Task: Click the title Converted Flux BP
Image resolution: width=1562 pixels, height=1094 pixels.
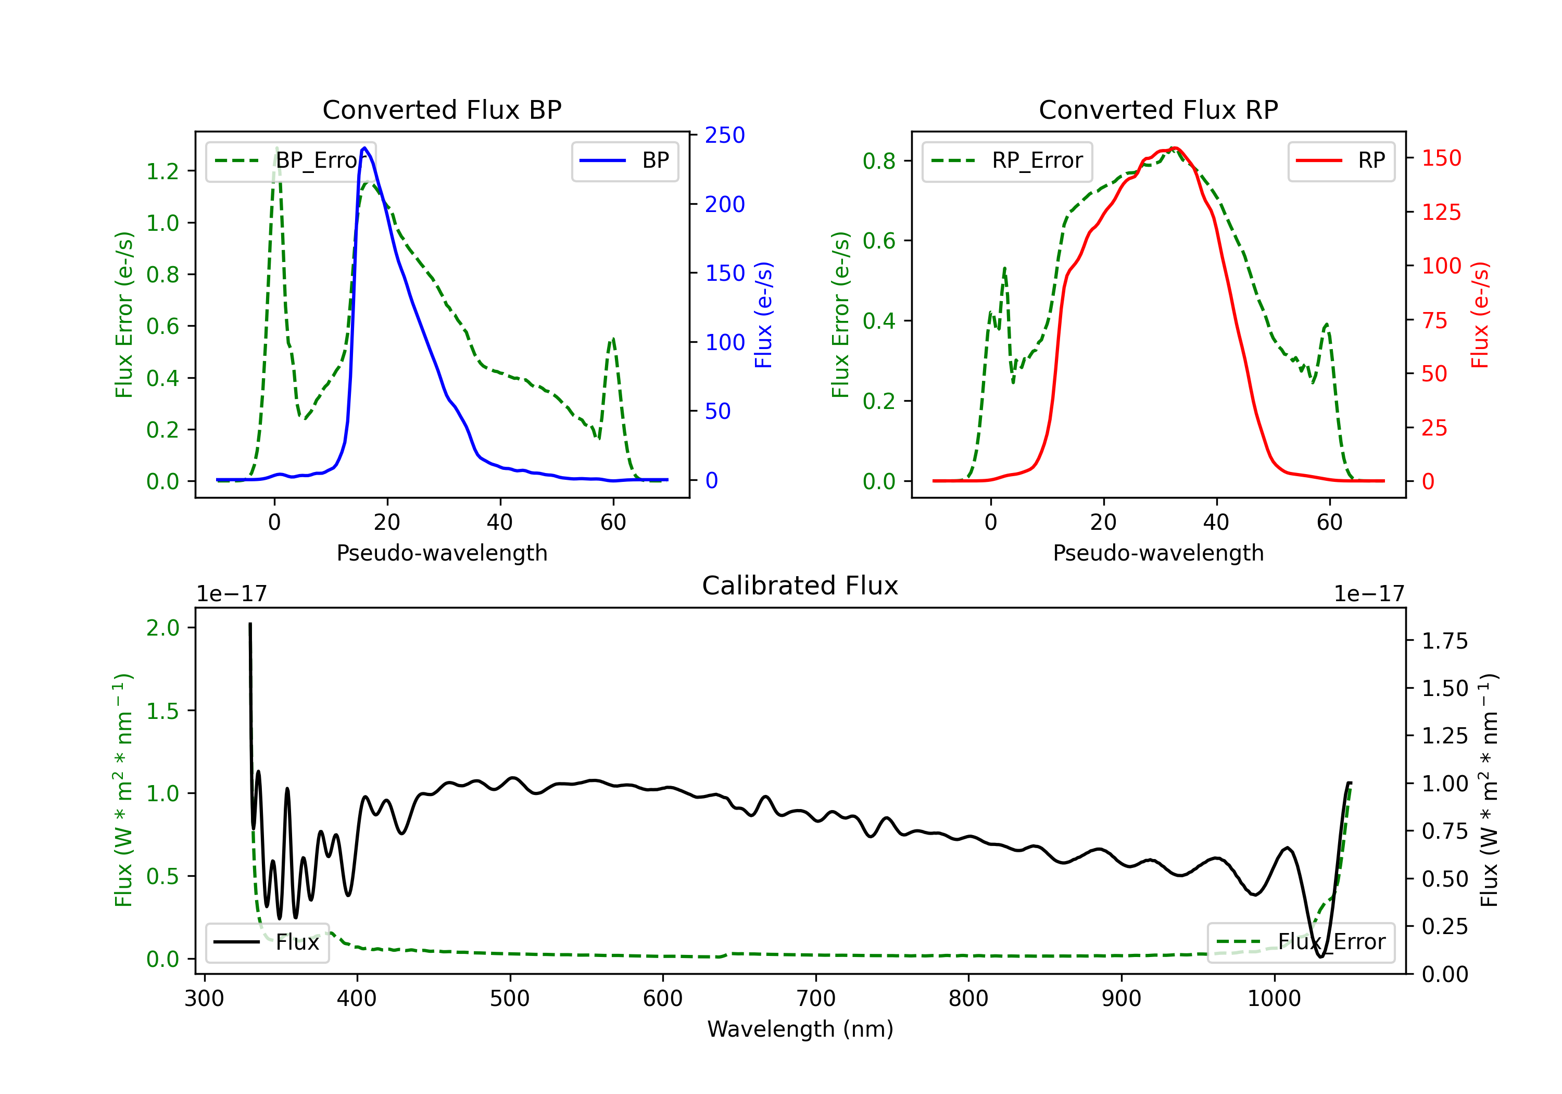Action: (442, 109)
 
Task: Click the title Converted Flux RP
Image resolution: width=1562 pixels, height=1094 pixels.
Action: (1158, 109)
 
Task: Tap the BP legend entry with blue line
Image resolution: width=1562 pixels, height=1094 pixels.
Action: (624, 160)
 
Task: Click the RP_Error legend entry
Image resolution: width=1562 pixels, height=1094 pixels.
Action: (1007, 160)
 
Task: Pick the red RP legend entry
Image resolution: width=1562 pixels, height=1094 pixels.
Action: (1341, 160)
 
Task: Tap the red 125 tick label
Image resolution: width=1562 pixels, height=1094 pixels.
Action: (1441, 213)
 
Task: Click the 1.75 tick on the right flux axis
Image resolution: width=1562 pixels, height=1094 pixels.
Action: (1444, 641)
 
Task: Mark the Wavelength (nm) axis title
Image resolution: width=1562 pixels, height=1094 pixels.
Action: (800, 1029)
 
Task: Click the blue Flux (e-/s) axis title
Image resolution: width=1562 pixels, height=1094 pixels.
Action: (763, 315)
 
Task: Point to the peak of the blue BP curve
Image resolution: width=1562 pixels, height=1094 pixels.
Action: (364, 148)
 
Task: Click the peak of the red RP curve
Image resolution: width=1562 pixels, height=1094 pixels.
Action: (1174, 148)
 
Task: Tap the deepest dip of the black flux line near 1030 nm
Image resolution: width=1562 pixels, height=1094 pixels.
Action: (1320, 956)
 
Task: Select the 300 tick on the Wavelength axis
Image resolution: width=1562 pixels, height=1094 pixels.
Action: (204, 999)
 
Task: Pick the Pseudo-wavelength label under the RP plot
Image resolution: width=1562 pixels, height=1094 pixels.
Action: (1158, 553)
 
